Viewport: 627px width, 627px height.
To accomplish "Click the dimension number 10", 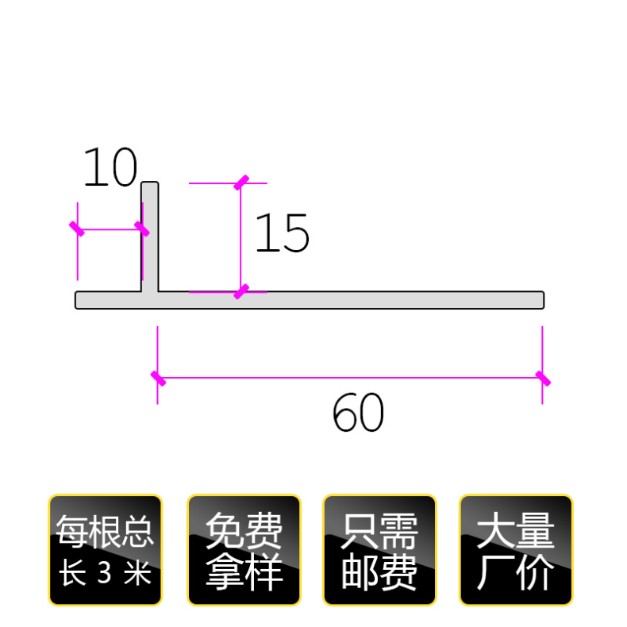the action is point(110,167).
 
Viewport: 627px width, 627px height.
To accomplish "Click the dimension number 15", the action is point(282,234).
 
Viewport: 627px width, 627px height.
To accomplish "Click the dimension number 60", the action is point(358,414).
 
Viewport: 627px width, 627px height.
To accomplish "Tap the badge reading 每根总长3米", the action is point(106,550).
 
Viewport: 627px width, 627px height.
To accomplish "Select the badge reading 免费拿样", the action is point(244,550).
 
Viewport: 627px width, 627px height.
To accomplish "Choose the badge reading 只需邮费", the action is point(379,550).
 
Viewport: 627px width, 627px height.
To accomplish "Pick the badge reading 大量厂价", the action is point(516,550).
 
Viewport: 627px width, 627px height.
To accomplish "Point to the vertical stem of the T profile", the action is point(150,236).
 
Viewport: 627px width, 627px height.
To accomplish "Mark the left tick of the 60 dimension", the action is point(158,378).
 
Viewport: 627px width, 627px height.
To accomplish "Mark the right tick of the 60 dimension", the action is point(543,378).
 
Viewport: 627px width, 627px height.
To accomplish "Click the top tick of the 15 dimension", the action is point(241,183).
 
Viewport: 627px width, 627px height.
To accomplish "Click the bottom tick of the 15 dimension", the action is point(241,292).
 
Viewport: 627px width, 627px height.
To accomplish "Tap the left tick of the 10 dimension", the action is point(77,229).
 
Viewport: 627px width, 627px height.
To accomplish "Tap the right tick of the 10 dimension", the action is point(141,229).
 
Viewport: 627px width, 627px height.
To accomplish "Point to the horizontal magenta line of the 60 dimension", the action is point(349,378).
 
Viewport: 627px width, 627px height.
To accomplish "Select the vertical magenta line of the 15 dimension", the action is point(241,238).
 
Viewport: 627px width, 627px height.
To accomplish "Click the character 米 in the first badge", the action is point(138,573).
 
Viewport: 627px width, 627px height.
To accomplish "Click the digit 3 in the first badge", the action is point(104,573).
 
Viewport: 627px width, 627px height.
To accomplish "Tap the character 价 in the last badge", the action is point(537,573).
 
